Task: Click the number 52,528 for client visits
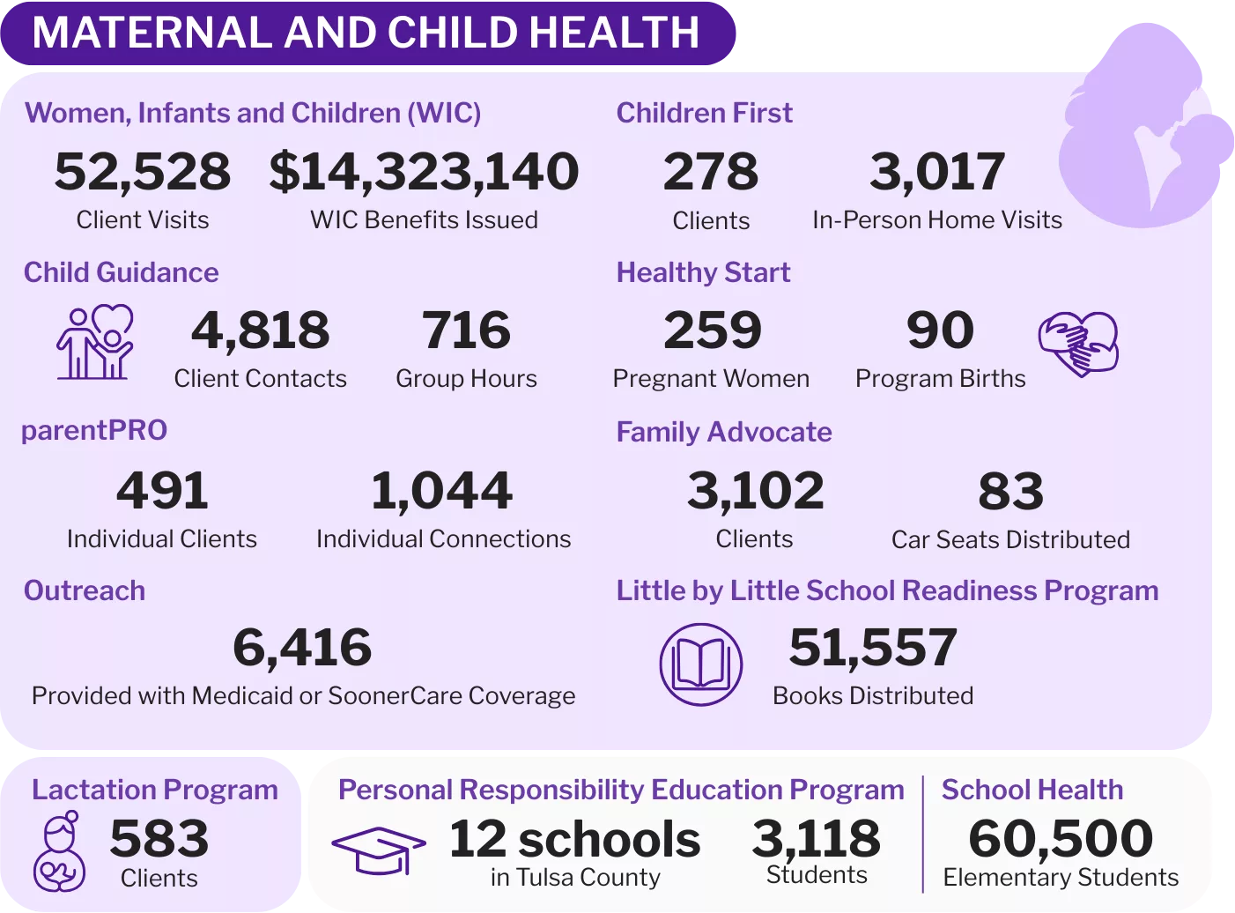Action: [x=143, y=171]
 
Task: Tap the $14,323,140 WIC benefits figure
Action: [x=424, y=171]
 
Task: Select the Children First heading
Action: [x=704, y=113]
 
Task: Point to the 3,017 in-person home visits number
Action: [x=937, y=171]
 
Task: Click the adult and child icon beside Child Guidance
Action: [x=95, y=343]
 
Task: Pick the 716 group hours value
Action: [x=466, y=330]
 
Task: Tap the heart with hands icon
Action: [x=1078, y=343]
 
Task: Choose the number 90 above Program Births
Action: [x=940, y=330]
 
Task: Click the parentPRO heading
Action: [x=94, y=430]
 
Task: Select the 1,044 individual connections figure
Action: [x=442, y=491]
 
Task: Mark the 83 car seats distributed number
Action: [x=1010, y=491]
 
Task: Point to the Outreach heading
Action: [x=85, y=590]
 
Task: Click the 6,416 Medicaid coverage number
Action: [x=302, y=648]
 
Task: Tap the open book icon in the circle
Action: [x=701, y=664]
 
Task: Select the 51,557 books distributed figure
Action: [x=873, y=648]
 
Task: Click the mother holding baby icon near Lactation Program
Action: [x=59, y=851]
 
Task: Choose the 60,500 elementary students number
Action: [x=1061, y=838]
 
